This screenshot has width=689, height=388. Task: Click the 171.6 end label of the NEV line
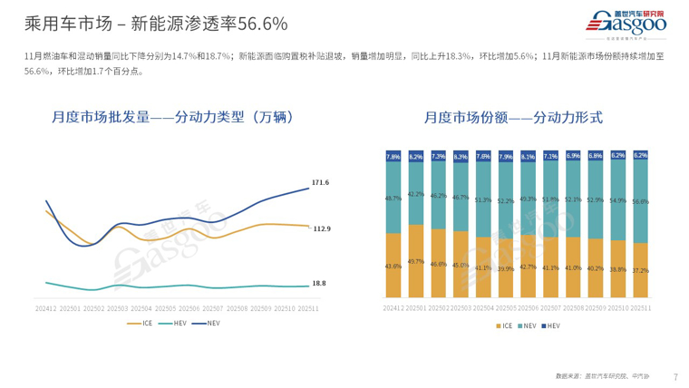click(x=320, y=183)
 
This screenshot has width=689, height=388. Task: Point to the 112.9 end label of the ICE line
click(x=322, y=228)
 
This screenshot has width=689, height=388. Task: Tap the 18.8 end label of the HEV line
click(x=319, y=284)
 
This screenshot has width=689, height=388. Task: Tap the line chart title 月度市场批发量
click(x=172, y=117)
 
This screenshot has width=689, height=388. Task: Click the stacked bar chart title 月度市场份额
click(x=513, y=117)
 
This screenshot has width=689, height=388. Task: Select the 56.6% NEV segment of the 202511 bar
click(x=641, y=201)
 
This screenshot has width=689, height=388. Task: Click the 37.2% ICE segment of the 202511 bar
click(x=641, y=270)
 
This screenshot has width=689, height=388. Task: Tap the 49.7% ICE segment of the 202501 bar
click(x=416, y=261)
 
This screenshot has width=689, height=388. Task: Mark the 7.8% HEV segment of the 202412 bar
click(x=393, y=156)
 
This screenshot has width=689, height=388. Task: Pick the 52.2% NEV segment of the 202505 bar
click(x=506, y=201)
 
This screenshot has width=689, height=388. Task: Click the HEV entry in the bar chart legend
click(x=550, y=324)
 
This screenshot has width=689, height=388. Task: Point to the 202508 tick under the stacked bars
click(x=573, y=308)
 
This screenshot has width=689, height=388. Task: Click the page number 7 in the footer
click(x=676, y=376)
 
